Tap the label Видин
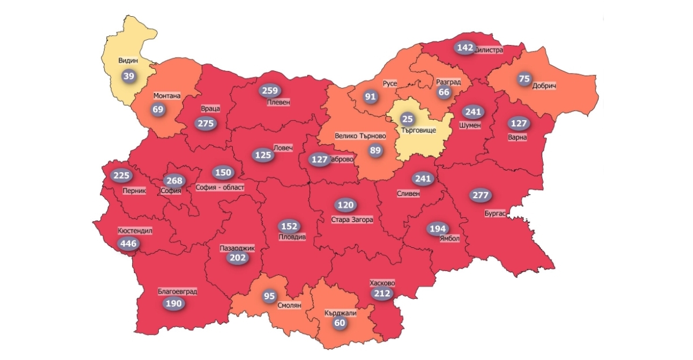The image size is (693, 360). [x=128, y=60]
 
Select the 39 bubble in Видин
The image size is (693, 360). [x=128, y=76]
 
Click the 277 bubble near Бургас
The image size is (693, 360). [x=479, y=195]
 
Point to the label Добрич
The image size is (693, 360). [x=544, y=86]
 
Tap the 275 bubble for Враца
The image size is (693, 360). [x=206, y=124]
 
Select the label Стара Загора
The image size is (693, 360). [x=352, y=220]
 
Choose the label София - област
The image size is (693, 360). [x=220, y=187]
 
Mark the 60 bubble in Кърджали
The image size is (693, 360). [x=340, y=323]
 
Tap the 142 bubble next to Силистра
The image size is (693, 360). [x=464, y=48]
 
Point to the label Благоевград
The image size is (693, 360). [x=177, y=291]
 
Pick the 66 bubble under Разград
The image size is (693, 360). [x=444, y=92]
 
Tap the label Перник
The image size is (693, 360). [x=135, y=191]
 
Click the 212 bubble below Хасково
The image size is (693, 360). [x=382, y=294]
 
